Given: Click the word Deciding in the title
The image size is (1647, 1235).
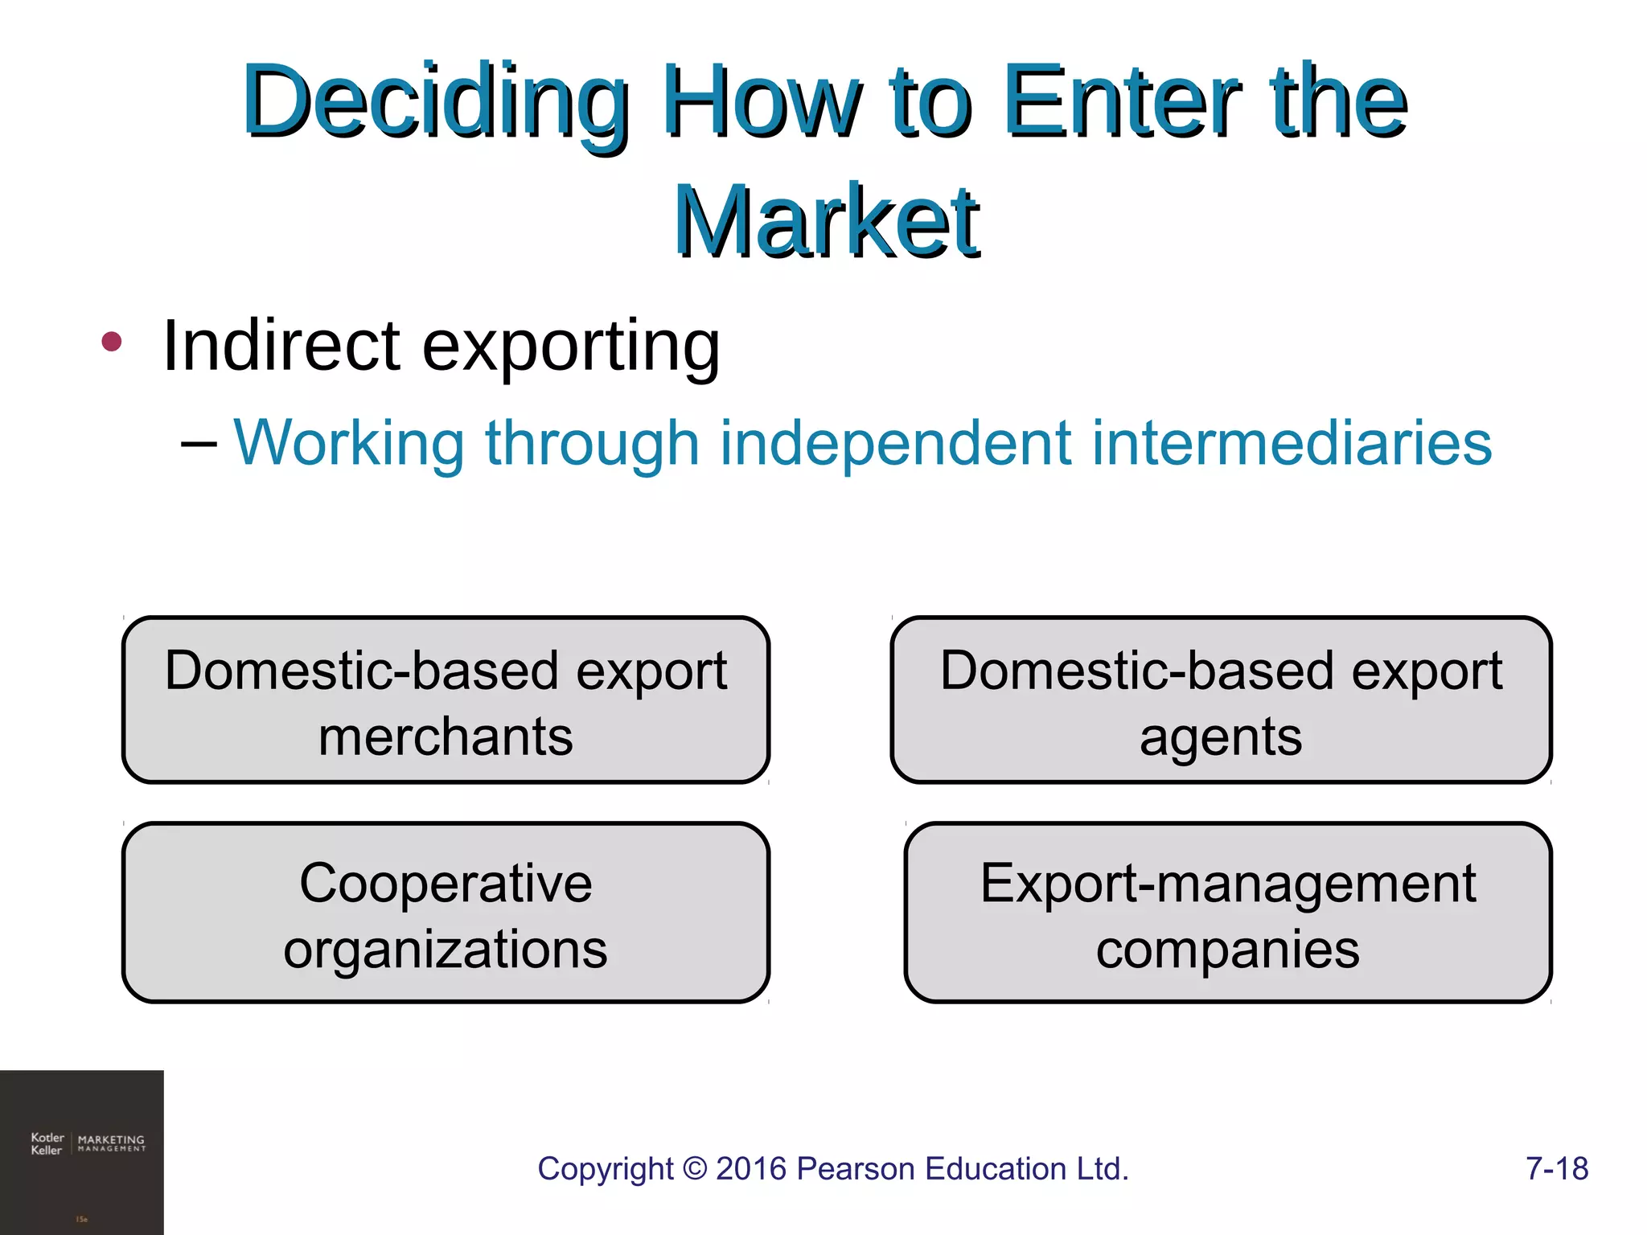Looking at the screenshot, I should (434, 103).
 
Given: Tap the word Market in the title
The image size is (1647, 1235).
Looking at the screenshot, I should (826, 221).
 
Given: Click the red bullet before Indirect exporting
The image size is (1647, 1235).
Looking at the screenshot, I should (112, 342).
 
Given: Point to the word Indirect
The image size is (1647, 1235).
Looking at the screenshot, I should (281, 346).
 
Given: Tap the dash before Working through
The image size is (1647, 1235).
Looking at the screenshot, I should (199, 444).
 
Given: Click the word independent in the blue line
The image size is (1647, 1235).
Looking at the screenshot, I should (895, 444).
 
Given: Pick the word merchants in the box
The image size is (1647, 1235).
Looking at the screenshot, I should (446, 737).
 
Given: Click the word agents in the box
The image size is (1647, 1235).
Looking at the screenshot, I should (1220, 738).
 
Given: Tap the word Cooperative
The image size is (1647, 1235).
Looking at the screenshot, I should (446, 883).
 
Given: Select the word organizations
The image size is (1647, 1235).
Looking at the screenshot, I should (446, 950).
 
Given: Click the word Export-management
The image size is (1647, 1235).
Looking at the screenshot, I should (1227, 883).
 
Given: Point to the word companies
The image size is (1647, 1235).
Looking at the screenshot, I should (1227, 950).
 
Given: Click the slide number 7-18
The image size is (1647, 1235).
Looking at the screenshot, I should (1556, 1168).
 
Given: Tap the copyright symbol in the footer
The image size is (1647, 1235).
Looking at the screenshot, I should (694, 1169).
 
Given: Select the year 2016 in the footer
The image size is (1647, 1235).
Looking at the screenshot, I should (751, 1168).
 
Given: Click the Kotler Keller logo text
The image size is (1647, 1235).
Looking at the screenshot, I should (47, 1143).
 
